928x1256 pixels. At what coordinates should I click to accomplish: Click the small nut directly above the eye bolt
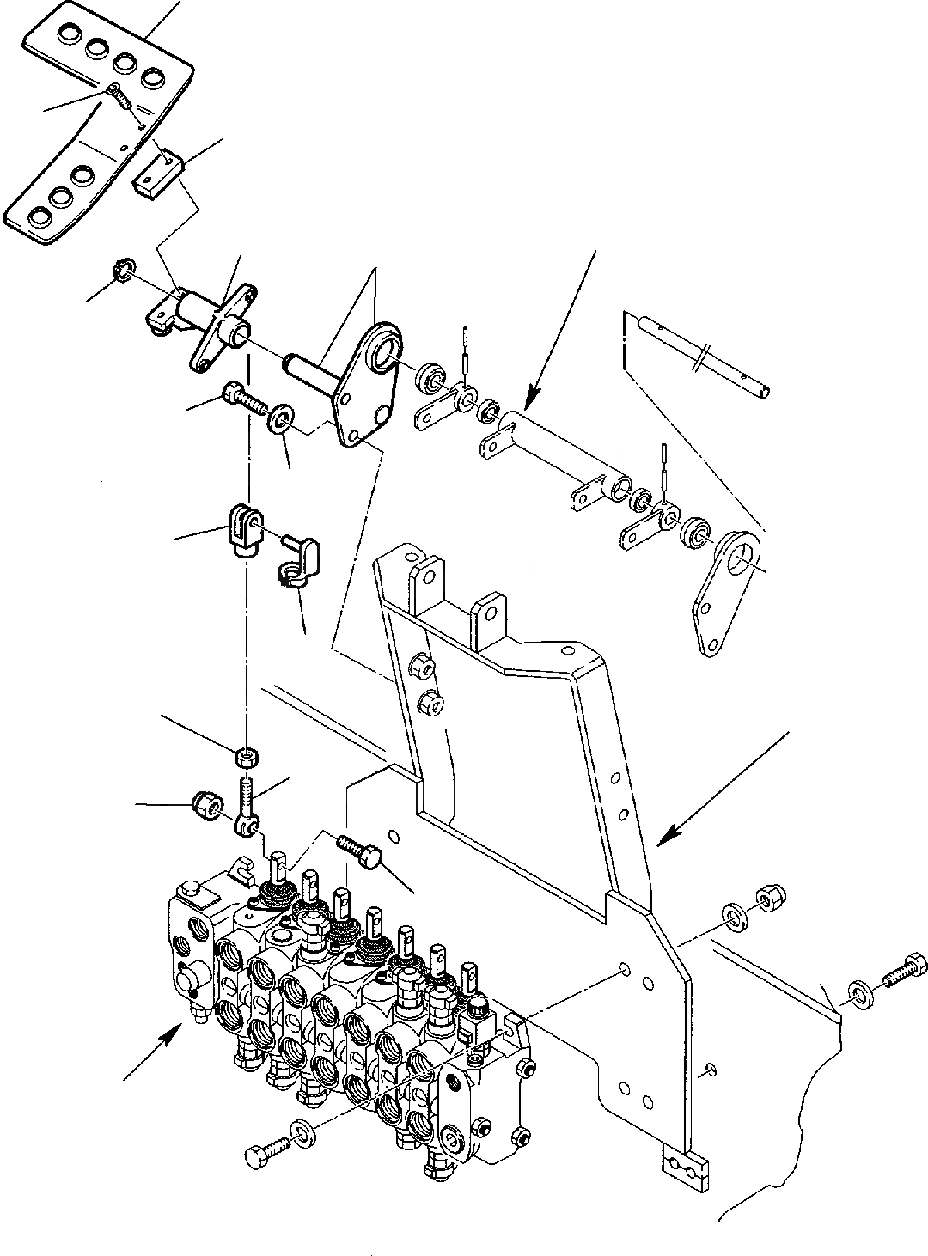247,756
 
